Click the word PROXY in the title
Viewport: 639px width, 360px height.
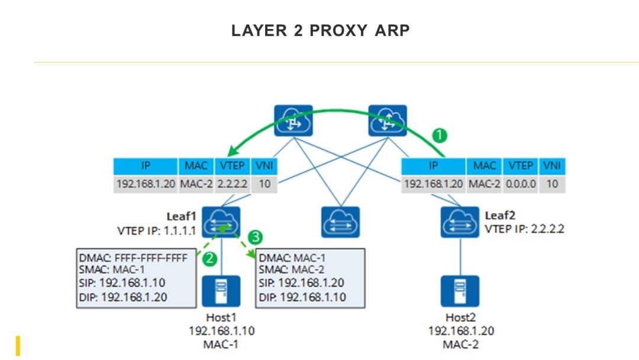(338, 31)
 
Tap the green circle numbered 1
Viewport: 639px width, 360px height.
(439, 136)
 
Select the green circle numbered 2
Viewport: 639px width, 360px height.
(209, 259)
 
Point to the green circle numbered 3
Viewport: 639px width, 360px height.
(255, 237)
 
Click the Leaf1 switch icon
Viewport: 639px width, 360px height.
(221, 222)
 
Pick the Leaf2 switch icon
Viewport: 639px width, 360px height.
(460, 222)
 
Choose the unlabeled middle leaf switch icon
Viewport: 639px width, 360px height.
(340, 222)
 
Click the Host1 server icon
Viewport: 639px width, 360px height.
(221, 291)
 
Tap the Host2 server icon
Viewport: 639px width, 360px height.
(460, 291)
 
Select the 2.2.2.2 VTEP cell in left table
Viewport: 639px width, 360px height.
(233, 184)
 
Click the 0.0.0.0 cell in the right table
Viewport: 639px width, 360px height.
(521, 184)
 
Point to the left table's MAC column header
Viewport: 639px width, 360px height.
(196, 166)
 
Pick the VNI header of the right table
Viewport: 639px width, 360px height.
(552, 166)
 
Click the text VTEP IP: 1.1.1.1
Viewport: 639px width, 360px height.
(156, 231)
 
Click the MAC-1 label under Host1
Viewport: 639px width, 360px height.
(221, 345)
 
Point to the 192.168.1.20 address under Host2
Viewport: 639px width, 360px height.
(460, 330)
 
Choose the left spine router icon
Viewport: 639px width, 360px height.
(293, 121)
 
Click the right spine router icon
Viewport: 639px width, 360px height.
(388, 121)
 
